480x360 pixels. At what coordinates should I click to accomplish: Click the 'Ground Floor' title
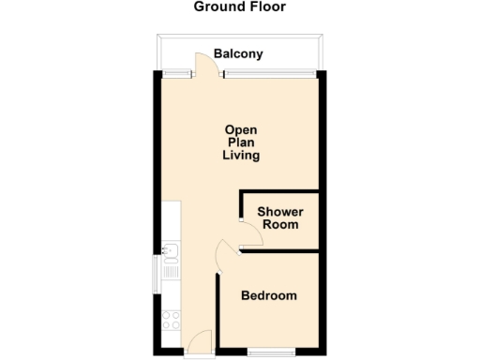click(240, 7)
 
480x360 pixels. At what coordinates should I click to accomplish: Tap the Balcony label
click(238, 54)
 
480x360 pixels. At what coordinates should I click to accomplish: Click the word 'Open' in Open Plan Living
click(241, 129)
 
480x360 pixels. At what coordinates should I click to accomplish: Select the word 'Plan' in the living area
click(241, 142)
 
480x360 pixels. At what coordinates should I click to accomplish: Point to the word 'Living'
click(241, 156)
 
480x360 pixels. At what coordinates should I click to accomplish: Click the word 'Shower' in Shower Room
click(280, 212)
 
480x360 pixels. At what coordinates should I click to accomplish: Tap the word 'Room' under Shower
click(280, 225)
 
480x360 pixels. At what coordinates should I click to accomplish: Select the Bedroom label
click(269, 296)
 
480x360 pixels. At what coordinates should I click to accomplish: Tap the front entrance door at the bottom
click(199, 343)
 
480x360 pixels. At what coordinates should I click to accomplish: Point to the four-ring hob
click(170, 319)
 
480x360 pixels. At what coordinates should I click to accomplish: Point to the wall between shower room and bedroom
click(281, 250)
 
